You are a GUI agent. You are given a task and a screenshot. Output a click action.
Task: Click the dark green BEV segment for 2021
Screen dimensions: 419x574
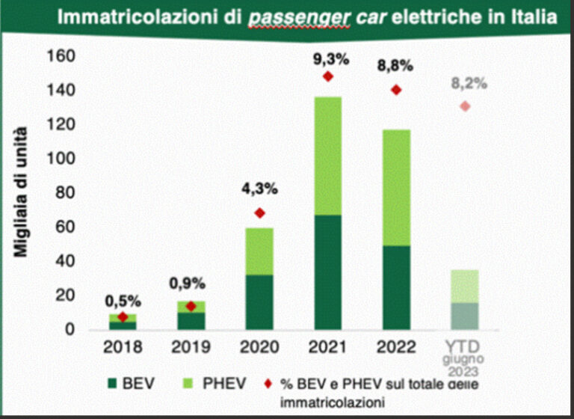[x=327, y=272]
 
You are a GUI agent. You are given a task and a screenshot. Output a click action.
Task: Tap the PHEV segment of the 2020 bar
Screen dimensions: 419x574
[x=259, y=251]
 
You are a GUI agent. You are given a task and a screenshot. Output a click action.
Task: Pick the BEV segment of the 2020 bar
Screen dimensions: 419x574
[x=259, y=302]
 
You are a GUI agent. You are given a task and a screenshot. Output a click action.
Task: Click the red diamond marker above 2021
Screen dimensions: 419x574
[x=327, y=76]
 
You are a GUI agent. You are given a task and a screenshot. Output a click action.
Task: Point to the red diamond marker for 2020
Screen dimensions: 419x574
[x=259, y=213]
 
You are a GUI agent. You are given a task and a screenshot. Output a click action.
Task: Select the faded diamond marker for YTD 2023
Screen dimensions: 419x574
[x=465, y=106]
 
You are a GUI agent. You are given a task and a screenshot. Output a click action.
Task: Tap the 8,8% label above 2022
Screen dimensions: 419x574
[x=396, y=66]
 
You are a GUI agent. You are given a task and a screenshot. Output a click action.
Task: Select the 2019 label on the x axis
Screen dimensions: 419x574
[x=191, y=347]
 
